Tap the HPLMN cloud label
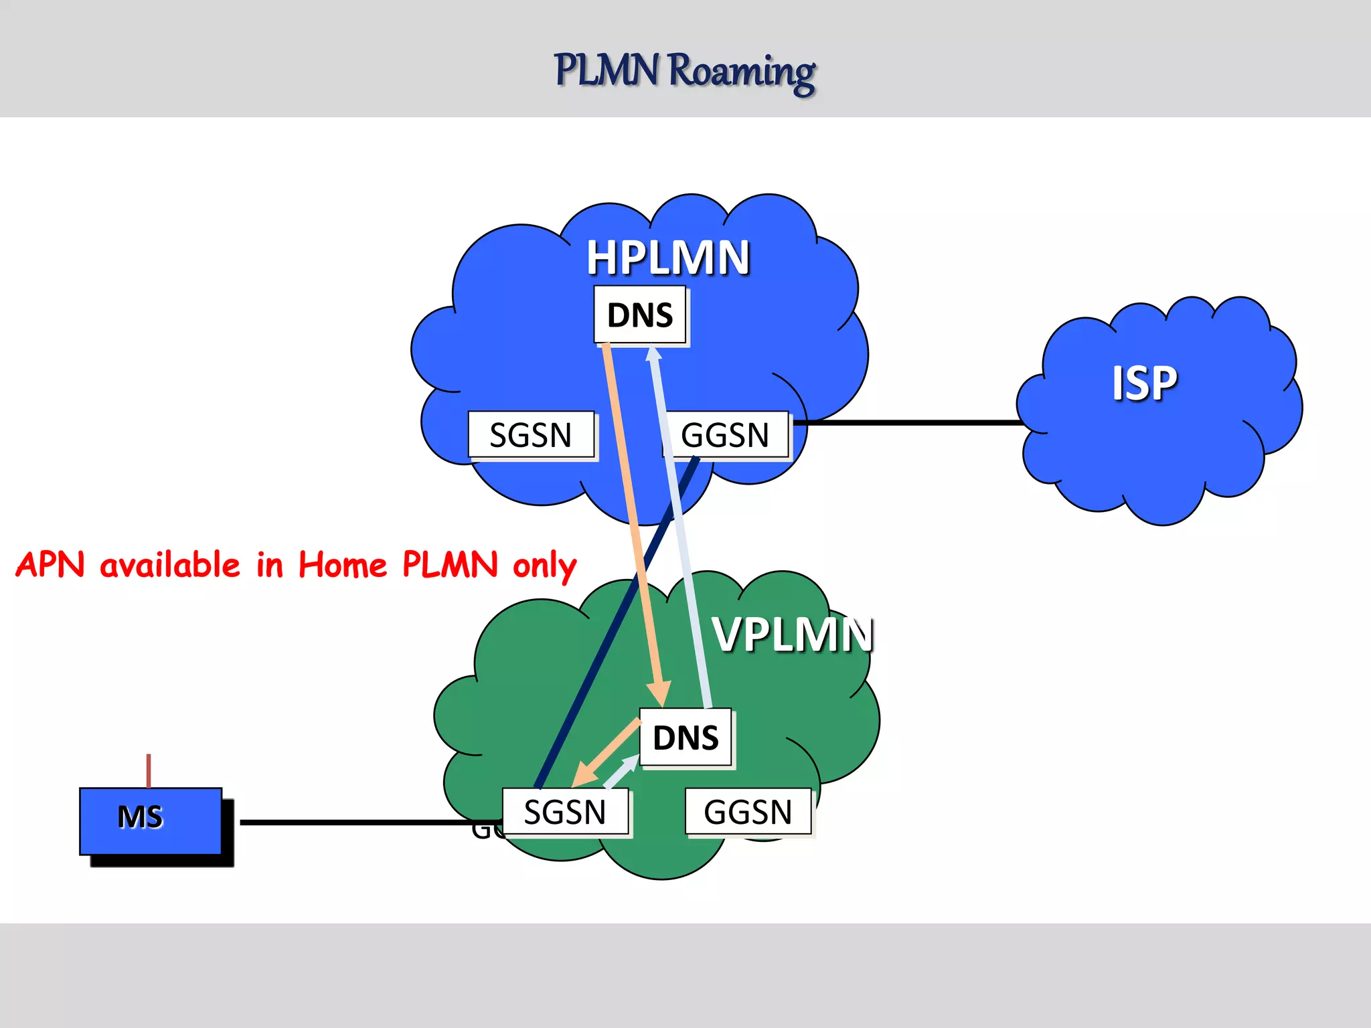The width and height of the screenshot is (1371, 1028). coord(668,258)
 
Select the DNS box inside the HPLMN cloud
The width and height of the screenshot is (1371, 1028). coord(640,315)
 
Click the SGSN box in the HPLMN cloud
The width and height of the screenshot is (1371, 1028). coord(531,435)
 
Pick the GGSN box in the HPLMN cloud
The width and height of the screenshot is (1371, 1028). coord(725,435)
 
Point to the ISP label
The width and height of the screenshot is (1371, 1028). coord(1144,383)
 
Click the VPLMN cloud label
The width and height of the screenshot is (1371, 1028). coord(793,634)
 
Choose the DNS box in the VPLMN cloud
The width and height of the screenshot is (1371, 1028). coord(685,738)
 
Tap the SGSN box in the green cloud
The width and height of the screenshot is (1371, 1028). coord(565,812)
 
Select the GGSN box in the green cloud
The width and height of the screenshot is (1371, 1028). coord(748,812)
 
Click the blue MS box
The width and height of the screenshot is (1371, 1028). coord(151,820)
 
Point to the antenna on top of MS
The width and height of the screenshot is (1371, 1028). coord(149,770)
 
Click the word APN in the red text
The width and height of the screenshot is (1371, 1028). coord(51,565)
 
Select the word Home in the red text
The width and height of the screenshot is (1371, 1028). coord(343,565)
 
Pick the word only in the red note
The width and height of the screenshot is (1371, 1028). coord(544,566)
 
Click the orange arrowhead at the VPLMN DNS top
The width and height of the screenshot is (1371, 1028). coord(659,693)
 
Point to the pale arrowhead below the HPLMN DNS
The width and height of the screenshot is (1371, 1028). coord(654,353)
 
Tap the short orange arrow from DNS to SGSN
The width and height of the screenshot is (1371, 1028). coord(606,753)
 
